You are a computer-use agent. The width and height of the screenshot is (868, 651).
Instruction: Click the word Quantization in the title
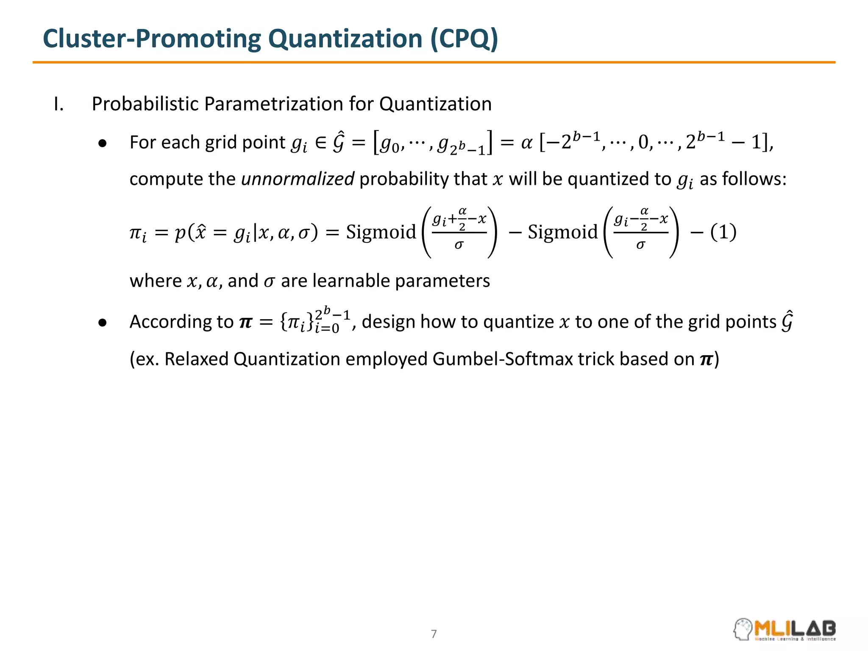coord(345,39)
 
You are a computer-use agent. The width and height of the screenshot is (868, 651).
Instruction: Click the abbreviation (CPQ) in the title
coord(464,39)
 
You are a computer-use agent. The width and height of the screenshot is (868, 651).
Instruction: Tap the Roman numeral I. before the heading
coord(59,104)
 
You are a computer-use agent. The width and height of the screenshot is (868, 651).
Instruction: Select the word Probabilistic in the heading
coord(145,104)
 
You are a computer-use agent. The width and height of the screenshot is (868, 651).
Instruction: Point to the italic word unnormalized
coord(298,179)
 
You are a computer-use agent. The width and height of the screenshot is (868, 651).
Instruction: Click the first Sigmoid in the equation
coord(381,232)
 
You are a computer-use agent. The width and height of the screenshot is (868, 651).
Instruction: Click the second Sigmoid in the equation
coord(562,232)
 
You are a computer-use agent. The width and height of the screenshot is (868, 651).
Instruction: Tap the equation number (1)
coord(723,232)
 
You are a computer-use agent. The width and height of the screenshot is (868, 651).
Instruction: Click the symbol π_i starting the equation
coord(138,234)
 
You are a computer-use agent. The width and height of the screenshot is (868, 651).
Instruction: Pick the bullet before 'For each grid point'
coord(102,144)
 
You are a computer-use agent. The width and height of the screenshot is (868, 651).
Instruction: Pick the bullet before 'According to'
coord(102,323)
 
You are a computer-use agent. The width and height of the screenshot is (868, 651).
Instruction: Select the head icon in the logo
coord(743,629)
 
